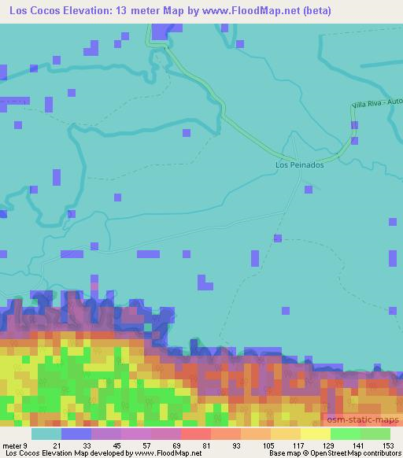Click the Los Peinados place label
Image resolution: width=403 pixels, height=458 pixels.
299,165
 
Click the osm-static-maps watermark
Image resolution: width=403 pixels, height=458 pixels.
363,423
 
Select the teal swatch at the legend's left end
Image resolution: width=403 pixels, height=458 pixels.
46,434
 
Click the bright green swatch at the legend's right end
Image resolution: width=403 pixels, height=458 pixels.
375,434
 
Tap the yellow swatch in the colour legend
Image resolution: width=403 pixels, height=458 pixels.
315,434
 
